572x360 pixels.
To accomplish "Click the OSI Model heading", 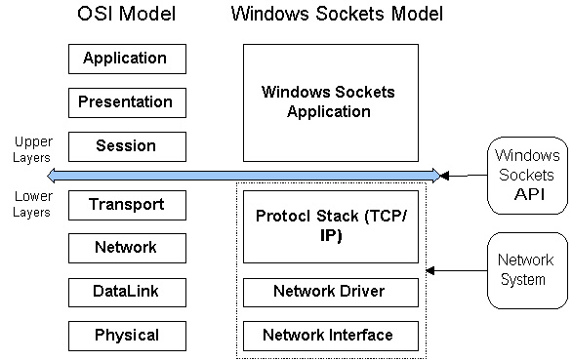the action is click(x=127, y=14).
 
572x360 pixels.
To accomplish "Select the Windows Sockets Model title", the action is click(x=337, y=14).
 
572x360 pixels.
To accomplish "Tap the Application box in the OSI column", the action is click(x=127, y=60).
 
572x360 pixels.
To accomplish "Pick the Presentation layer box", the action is click(x=127, y=102).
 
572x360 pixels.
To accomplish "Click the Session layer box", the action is click(x=127, y=146).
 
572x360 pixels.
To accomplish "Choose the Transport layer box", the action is click(x=127, y=205).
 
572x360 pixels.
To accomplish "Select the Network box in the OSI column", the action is click(x=127, y=248).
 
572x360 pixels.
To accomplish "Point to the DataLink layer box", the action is click(x=127, y=292).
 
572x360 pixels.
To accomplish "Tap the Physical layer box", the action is click(x=127, y=336).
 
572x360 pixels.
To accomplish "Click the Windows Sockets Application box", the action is click(x=331, y=102).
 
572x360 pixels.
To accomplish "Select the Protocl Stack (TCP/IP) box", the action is click(x=331, y=226).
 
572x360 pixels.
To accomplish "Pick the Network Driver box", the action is click(x=331, y=292).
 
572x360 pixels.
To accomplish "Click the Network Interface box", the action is click(x=331, y=336).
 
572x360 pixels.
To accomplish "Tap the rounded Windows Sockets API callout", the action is click(x=527, y=176).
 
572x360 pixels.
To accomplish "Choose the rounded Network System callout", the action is click(x=527, y=270).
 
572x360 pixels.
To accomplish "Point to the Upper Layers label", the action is click(x=32, y=149).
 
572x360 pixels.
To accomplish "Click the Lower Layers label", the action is click(x=32, y=204).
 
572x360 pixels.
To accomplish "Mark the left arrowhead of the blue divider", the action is click(x=48, y=176).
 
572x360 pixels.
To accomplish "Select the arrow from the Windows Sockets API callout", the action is click(x=464, y=176).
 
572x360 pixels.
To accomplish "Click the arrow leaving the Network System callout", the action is click(x=457, y=270).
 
